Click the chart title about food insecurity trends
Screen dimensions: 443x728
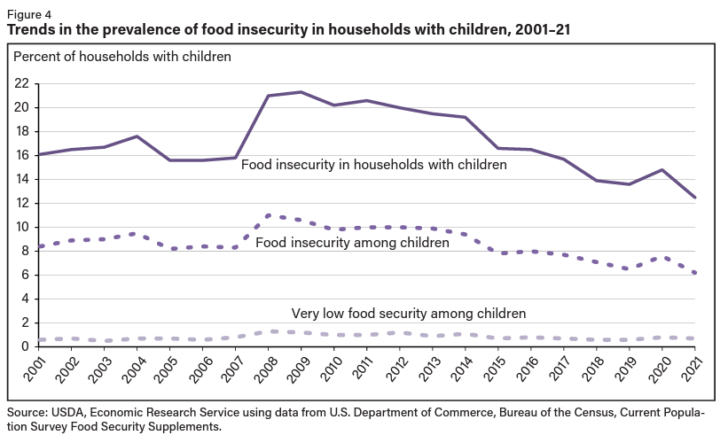pos(288,30)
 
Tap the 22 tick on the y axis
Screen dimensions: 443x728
pos(20,83)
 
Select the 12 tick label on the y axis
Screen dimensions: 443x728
pos(20,203)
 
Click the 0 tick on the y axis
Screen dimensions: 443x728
pos(25,346)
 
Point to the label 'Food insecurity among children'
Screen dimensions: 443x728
pos(352,242)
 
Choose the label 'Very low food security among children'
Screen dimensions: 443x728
pos(409,313)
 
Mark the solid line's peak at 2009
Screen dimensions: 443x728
pos(301,92)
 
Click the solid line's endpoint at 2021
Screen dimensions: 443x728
pos(694,198)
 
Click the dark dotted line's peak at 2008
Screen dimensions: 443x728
pos(269,215)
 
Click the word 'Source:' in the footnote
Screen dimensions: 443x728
pos(27,414)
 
